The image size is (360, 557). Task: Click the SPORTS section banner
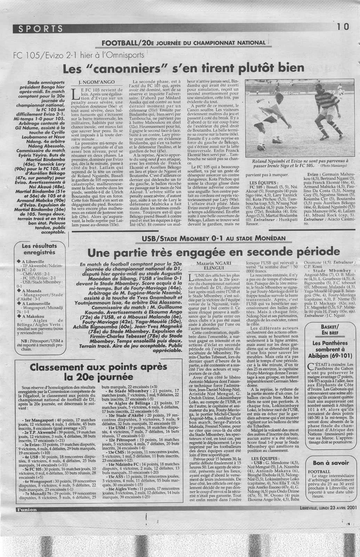pos(38,29)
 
